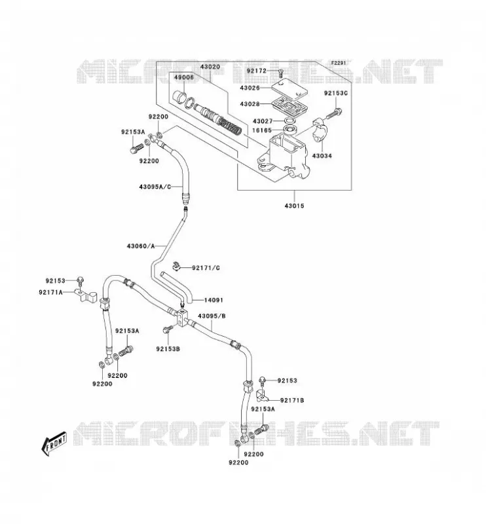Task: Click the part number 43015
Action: pos(294,206)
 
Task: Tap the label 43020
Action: pos(210,67)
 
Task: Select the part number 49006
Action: pos(184,77)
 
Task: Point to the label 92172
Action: pos(257,71)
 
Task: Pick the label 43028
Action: pos(250,104)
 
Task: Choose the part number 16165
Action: pos(262,130)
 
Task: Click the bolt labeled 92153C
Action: pos(333,113)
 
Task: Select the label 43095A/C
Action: pos(155,187)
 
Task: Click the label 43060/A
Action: pos(141,246)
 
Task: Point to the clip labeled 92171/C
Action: pos(176,266)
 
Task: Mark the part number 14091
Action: pos(214,300)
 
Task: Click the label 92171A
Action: pos(51,292)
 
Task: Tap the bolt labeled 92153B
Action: pos(167,329)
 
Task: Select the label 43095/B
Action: pos(212,316)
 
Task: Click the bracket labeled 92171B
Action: pos(263,396)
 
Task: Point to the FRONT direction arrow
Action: pos(54,444)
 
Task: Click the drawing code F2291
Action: pos(338,63)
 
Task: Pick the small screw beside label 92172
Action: pos(280,72)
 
